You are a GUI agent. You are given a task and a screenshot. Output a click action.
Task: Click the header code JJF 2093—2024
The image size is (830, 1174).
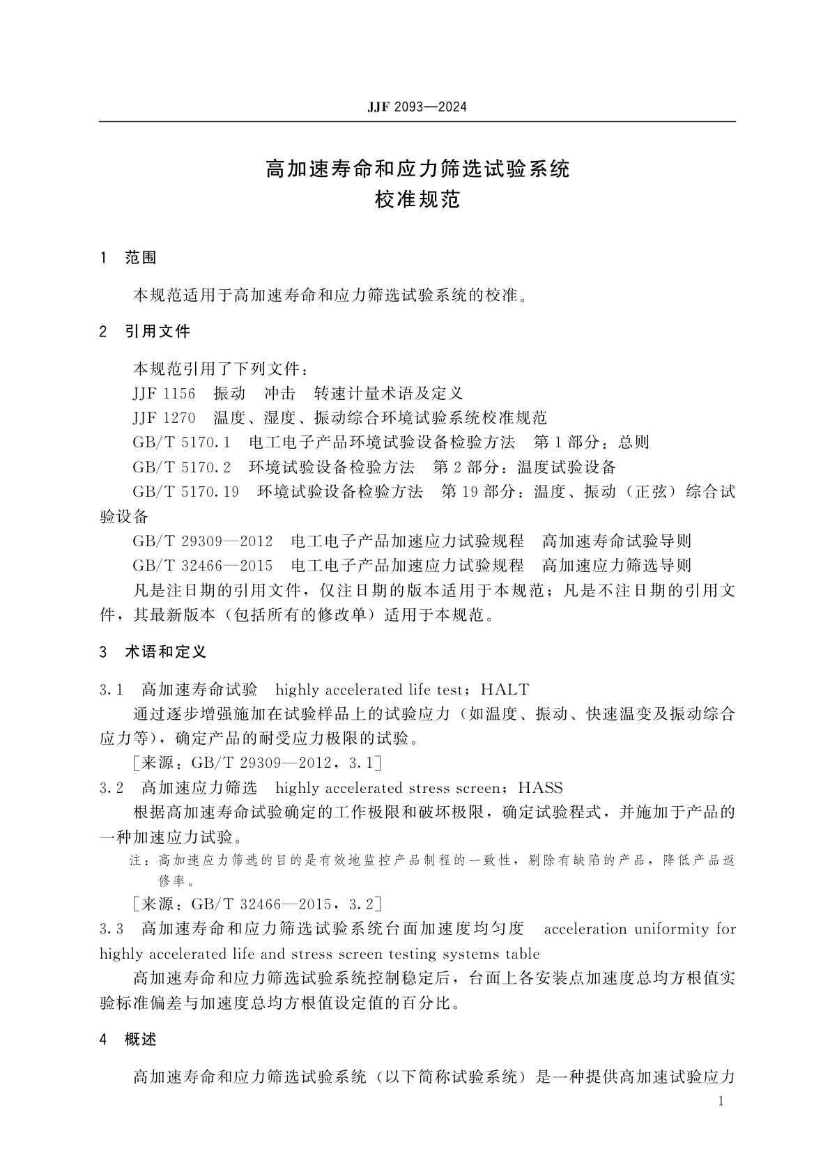(417, 107)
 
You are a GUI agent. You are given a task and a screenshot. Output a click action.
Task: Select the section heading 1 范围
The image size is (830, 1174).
(129, 258)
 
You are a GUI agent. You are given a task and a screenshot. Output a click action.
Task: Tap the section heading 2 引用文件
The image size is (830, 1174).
(145, 332)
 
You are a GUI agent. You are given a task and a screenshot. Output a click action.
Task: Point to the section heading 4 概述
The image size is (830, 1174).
(129, 1040)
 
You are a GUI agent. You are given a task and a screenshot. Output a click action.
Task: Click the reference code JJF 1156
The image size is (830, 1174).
(164, 394)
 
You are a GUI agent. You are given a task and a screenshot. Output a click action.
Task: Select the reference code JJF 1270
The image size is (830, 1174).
(164, 418)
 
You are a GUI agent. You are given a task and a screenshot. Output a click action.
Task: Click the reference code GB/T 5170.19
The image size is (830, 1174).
(185, 492)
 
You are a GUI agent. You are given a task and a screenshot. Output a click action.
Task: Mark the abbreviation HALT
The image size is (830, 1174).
(505, 690)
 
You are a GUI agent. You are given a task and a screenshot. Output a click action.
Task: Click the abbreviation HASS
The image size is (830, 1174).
(540, 788)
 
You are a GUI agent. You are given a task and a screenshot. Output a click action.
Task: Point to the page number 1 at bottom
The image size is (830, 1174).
(721, 1102)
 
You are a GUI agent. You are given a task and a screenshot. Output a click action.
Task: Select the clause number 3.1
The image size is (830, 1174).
(112, 690)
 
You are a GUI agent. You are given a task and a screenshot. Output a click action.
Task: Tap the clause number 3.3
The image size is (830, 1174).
(112, 929)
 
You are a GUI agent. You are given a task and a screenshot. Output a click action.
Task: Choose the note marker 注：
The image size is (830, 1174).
(138, 861)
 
